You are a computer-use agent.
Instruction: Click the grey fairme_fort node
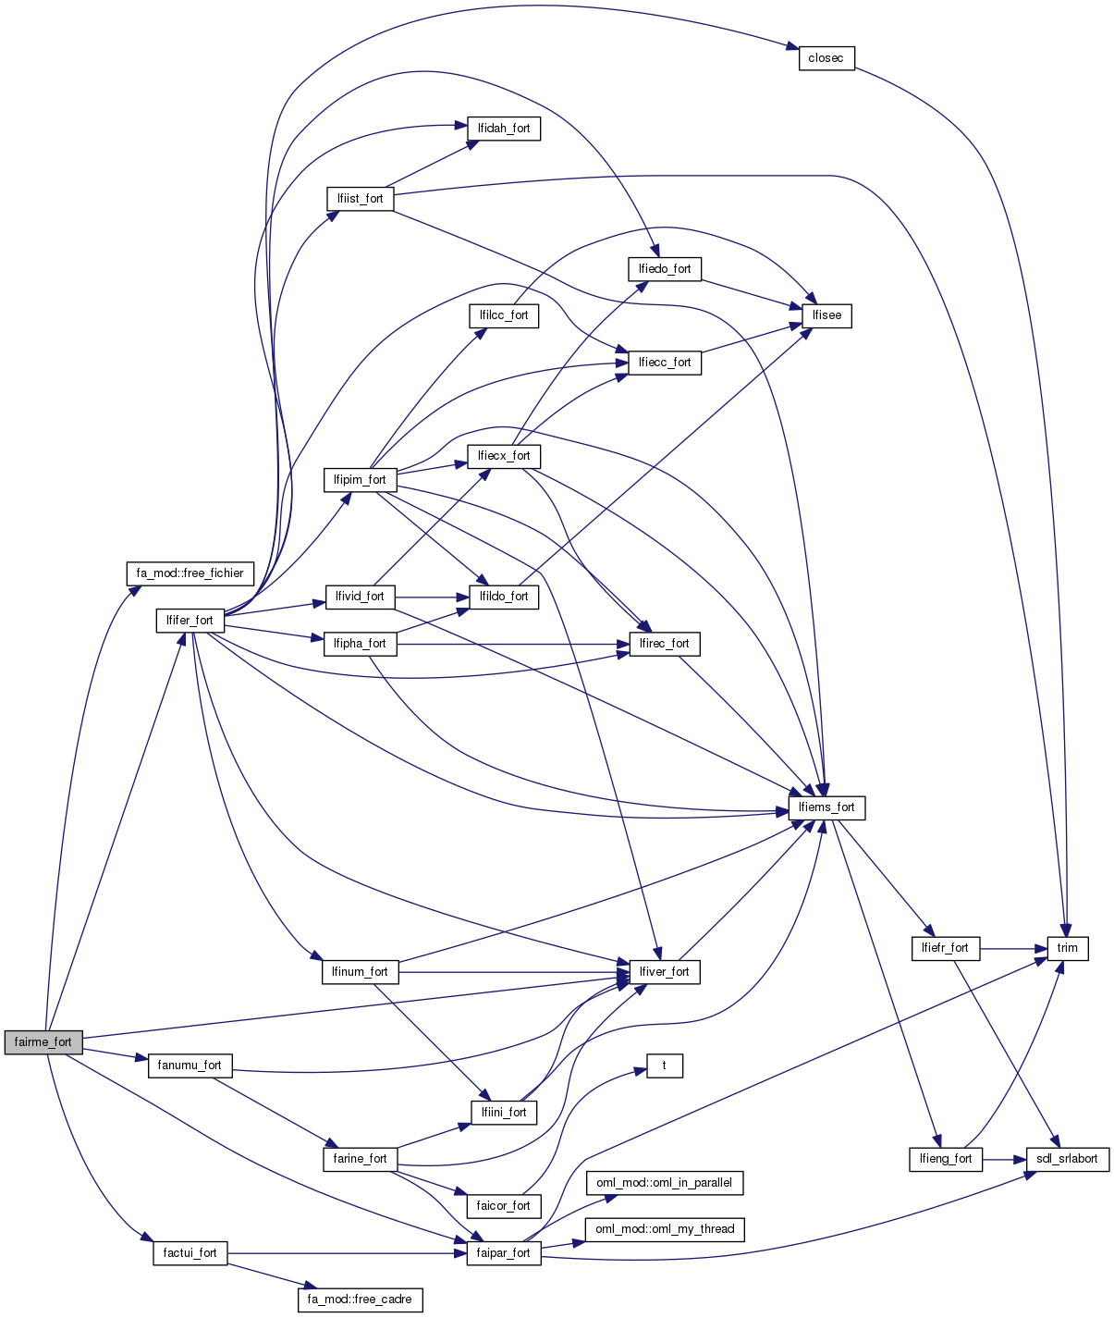(x=43, y=1041)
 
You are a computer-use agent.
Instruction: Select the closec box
(x=826, y=58)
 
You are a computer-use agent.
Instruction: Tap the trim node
(x=1067, y=948)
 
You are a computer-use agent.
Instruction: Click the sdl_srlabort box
(x=1067, y=1159)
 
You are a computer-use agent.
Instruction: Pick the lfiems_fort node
(x=826, y=807)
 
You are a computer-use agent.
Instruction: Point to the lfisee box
(x=826, y=315)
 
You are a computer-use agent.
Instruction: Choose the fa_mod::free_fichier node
(x=190, y=573)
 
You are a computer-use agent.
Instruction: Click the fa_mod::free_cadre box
(x=360, y=1300)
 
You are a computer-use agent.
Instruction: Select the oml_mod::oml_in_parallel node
(x=664, y=1183)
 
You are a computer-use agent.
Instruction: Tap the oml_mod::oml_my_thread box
(x=664, y=1229)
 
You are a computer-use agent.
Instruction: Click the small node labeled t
(x=664, y=1065)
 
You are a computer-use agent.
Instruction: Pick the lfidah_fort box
(x=504, y=129)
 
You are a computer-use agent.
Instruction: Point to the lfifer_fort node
(x=190, y=621)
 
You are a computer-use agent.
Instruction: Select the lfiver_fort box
(x=664, y=972)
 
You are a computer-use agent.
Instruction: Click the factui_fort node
(x=190, y=1253)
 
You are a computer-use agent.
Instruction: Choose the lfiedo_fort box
(x=664, y=269)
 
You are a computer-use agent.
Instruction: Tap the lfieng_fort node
(x=946, y=1159)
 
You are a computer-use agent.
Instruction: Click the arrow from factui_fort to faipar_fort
(x=342, y=1253)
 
